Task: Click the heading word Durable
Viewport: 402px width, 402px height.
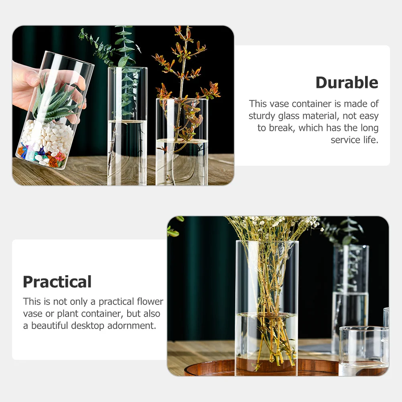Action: click(x=347, y=83)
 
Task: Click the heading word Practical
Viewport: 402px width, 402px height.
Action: click(x=57, y=282)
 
